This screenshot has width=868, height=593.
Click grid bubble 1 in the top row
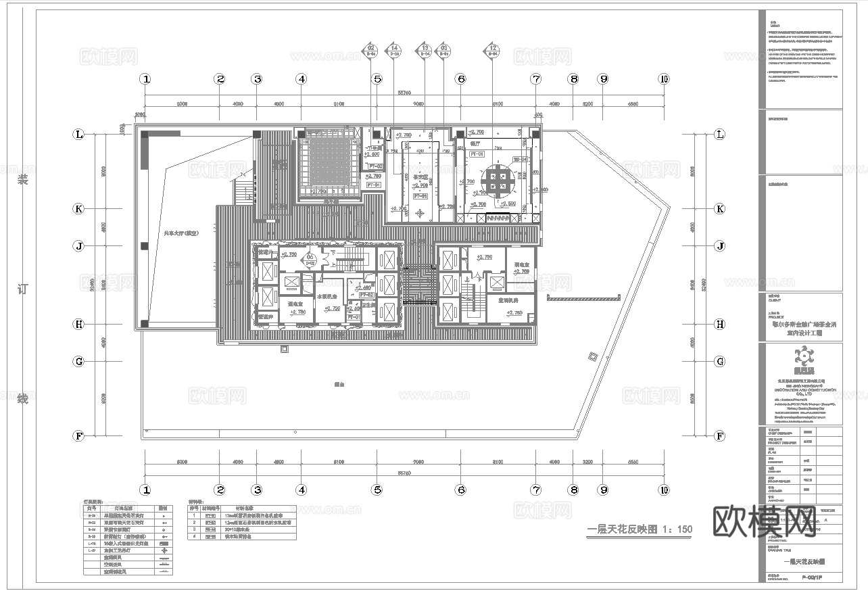coord(145,79)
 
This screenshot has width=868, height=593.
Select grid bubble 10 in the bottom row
coord(664,490)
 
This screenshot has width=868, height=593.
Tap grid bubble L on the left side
coord(79,135)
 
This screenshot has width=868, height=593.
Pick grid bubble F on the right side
coord(720,436)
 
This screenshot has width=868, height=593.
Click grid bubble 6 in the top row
coord(461,79)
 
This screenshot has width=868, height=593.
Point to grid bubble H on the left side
coord(79,324)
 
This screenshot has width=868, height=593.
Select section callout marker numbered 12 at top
coord(493,48)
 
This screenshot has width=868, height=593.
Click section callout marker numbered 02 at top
coord(371,48)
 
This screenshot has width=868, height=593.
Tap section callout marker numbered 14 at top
coord(394,48)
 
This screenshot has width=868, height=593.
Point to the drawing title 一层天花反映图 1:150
coord(639,529)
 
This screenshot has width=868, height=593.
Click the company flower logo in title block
coord(801,355)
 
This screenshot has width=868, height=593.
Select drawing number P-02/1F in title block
coord(812,577)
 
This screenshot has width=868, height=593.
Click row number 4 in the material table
coord(194,536)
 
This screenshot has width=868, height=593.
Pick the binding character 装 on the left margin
coord(23,179)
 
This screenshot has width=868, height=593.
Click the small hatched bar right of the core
coord(583,298)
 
